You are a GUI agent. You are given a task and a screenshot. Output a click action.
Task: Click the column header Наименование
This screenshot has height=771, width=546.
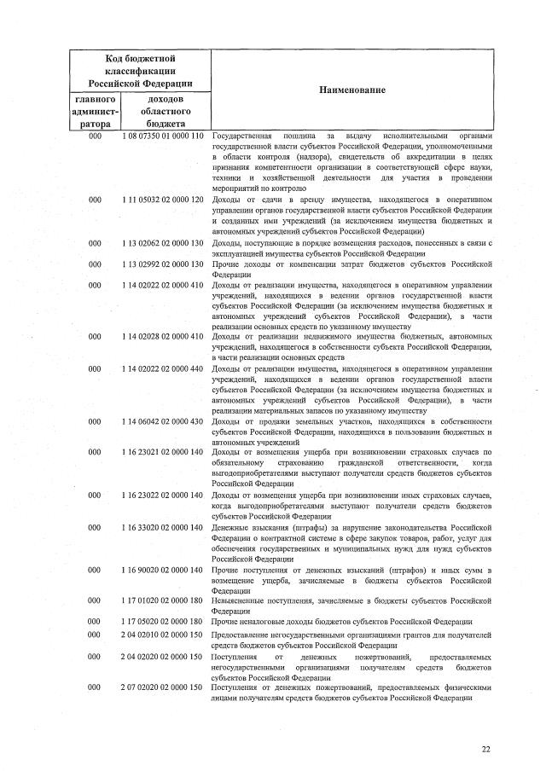click(x=352, y=90)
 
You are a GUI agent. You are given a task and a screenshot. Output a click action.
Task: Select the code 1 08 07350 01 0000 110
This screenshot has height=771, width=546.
click(x=162, y=136)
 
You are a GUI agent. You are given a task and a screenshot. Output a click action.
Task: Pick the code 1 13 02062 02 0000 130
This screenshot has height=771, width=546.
click(x=162, y=243)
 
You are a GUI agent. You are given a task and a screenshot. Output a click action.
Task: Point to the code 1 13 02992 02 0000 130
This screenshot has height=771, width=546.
click(x=162, y=264)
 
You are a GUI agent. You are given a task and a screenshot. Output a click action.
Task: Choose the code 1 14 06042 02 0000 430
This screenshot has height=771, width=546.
click(x=162, y=420)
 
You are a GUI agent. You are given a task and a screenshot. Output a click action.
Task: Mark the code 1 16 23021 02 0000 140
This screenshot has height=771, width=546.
click(x=162, y=451)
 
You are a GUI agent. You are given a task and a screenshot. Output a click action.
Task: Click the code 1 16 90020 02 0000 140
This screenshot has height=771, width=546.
click(x=162, y=569)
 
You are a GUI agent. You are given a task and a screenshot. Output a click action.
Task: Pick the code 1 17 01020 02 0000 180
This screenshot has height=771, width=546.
click(x=162, y=600)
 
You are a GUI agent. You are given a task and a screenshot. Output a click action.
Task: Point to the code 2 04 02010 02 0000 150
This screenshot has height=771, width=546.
click(x=162, y=636)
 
